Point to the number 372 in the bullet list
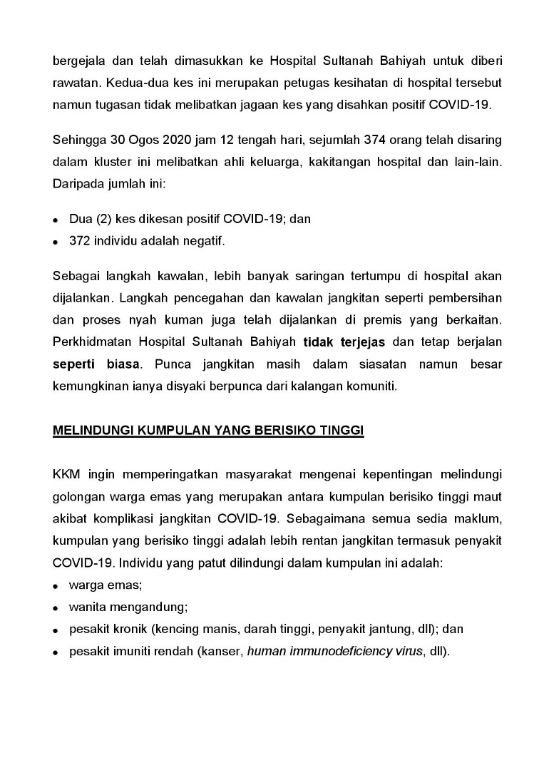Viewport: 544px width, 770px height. coord(79,241)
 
